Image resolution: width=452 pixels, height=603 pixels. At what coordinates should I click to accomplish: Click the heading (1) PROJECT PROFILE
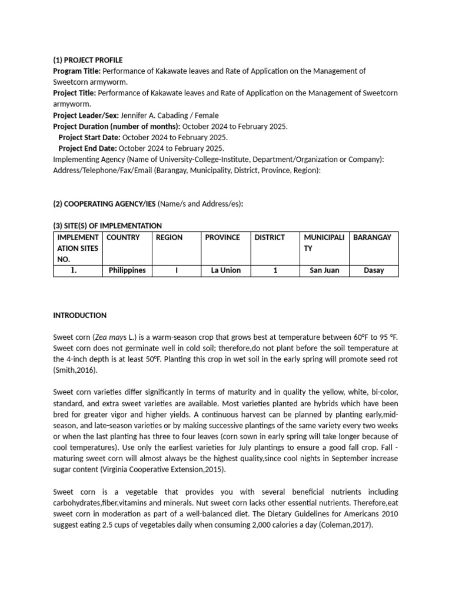pos(88,60)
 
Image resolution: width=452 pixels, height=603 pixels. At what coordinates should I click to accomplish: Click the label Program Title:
pos(72,71)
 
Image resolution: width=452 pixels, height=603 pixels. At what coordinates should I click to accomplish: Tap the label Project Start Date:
pos(88,137)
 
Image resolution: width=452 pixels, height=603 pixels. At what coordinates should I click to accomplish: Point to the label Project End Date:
pos(87,148)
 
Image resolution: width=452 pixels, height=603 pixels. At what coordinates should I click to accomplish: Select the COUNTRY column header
pos(123,237)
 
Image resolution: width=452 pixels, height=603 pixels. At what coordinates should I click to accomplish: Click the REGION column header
pos(169,237)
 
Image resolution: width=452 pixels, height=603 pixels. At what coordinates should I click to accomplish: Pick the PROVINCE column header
pos(222,237)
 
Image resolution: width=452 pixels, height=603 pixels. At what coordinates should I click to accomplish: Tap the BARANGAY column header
pos(372,237)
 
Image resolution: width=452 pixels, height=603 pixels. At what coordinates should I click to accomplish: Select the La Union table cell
pos(226,270)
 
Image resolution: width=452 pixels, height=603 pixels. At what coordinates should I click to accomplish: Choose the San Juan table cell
pos(324,270)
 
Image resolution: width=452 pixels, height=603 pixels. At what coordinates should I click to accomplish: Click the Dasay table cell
pos(374,270)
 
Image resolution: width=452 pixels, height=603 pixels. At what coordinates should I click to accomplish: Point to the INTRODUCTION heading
pos(80,315)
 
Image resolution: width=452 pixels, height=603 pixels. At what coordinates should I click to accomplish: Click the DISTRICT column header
pos(270,237)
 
